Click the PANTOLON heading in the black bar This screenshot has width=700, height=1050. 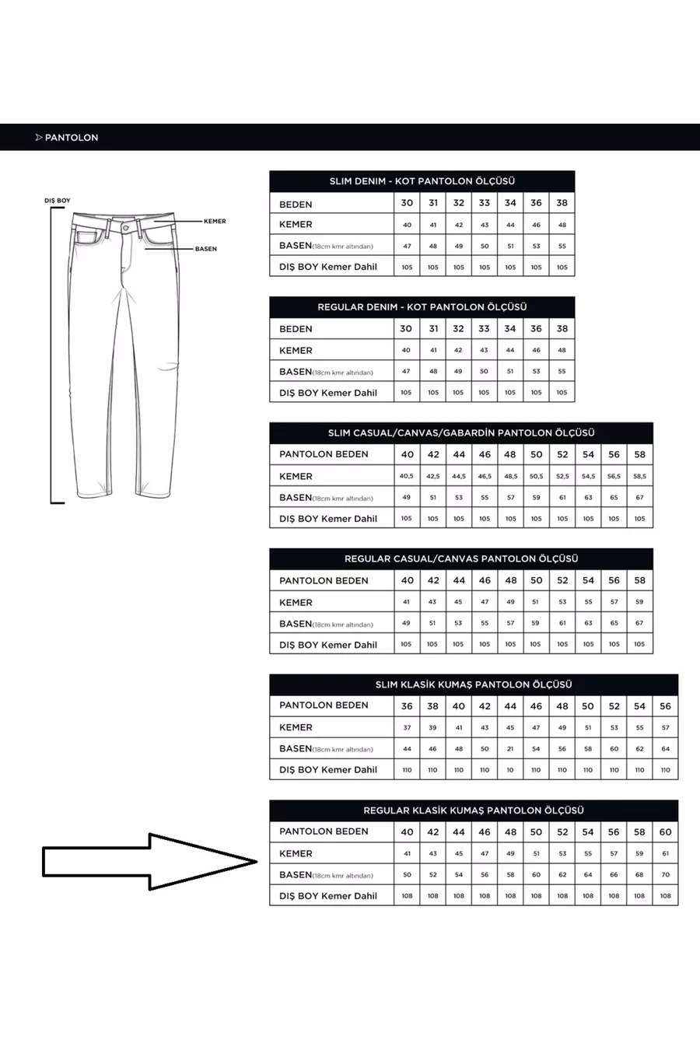coord(71,138)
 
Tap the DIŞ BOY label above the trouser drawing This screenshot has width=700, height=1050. coord(57,201)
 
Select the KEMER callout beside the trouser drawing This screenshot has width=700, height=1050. coord(215,221)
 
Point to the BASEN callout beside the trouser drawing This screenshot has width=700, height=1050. coord(206,249)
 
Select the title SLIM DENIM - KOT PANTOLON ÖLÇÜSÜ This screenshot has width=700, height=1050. coord(422,181)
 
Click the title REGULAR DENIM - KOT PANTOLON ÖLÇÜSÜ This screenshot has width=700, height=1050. coord(422,307)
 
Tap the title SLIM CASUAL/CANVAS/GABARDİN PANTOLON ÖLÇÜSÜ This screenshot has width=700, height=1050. coord(461,433)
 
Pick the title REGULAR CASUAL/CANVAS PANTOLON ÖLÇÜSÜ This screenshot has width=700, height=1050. coord(461,559)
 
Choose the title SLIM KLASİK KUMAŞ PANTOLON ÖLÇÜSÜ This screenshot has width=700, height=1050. coord(474,685)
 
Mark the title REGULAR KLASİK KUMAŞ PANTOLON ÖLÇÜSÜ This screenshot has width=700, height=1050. coord(474,810)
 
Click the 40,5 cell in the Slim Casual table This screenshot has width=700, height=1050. coord(407,476)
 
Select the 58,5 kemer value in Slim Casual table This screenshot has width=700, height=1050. coord(639,476)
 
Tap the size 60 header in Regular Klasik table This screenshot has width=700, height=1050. coord(665,832)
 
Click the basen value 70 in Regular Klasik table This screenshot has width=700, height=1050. coord(665,875)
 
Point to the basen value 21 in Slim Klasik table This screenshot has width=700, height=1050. coord(510,749)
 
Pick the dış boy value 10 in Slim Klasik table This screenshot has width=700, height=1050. coord(510,770)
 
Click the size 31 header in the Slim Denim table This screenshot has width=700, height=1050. coord(433,203)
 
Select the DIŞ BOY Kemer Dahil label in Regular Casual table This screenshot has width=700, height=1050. coord(328,645)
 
